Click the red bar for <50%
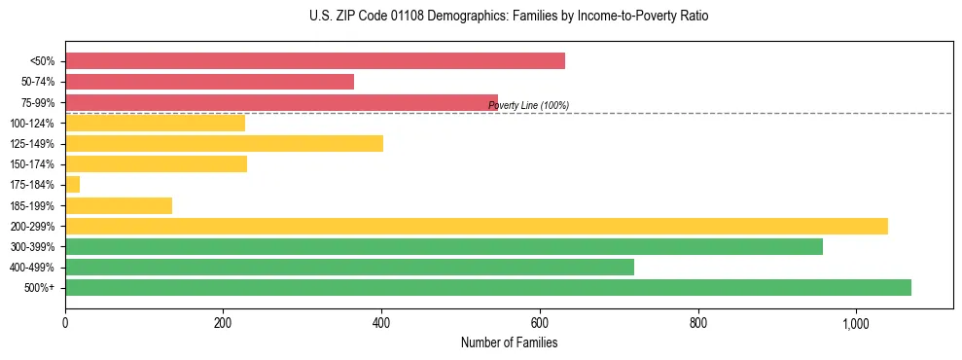(x=314, y=61)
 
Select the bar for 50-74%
(x=209, y=82)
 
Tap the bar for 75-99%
(x=281, y=102)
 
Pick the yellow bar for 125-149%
(x=224, y=144)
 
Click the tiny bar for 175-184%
(x=72, y=185)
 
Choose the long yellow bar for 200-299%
(x=476, y=226)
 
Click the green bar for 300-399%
(x=444, y=246)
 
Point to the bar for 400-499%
(x=349, y=267)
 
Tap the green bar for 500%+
(x=487, y=287)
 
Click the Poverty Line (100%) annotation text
(x=528, y=106)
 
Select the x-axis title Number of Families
(x=509, y=342)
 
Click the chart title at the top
(x=509, y=17)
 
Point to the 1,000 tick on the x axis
(x=855, y=322)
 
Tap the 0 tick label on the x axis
(x=65, y=322)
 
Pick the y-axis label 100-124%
(x=32, y=124)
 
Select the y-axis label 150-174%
(x=32, y=164)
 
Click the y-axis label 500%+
(x=40, y=288)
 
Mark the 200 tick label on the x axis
(x=223, y=322)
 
